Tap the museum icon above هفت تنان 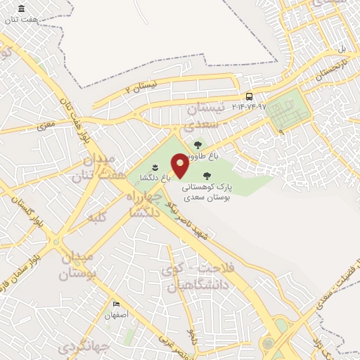pyautogui.click(x=21, y=8)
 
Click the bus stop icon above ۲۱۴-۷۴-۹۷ pyautogui.click(x=249, y=96)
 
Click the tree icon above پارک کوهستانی pyautogui.click(x=206, y=176)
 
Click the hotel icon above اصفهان pyautogui.click(x=117, y=304)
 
